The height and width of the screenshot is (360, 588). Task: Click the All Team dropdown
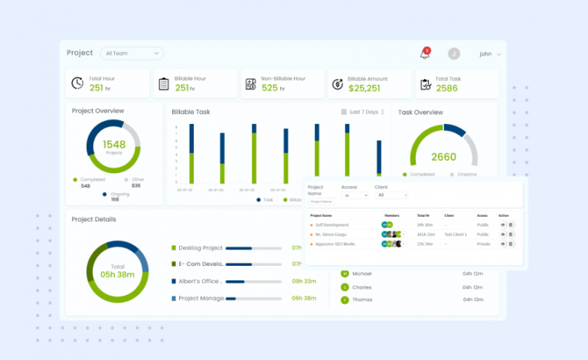(133, 54)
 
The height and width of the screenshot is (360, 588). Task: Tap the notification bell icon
(424, 54)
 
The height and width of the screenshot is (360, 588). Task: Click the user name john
(485, 54)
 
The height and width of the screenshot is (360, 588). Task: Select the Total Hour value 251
(96, 88)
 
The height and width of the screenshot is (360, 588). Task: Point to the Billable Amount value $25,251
(364, 88)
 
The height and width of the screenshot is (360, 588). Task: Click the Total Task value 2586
(446, 88)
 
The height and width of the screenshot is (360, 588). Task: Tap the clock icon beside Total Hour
(77, 83)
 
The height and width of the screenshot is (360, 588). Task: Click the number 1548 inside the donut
(113, 144)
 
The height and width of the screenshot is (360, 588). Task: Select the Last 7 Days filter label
(363, 112)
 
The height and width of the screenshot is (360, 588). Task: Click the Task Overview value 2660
(443, 157)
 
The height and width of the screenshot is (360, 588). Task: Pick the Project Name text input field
(322, 201)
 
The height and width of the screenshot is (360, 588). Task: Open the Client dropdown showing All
(390, 195)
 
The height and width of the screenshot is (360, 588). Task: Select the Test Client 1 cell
(455, 234)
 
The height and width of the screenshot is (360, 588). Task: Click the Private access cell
(483, 244)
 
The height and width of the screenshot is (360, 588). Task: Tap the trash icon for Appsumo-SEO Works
(511, 244)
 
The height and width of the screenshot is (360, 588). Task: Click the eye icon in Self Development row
(503, 224)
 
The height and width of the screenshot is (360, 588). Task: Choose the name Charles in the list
(362, 286)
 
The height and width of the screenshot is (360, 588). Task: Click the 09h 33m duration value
(304, 281)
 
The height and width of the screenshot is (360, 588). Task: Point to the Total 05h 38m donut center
(117, 271)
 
